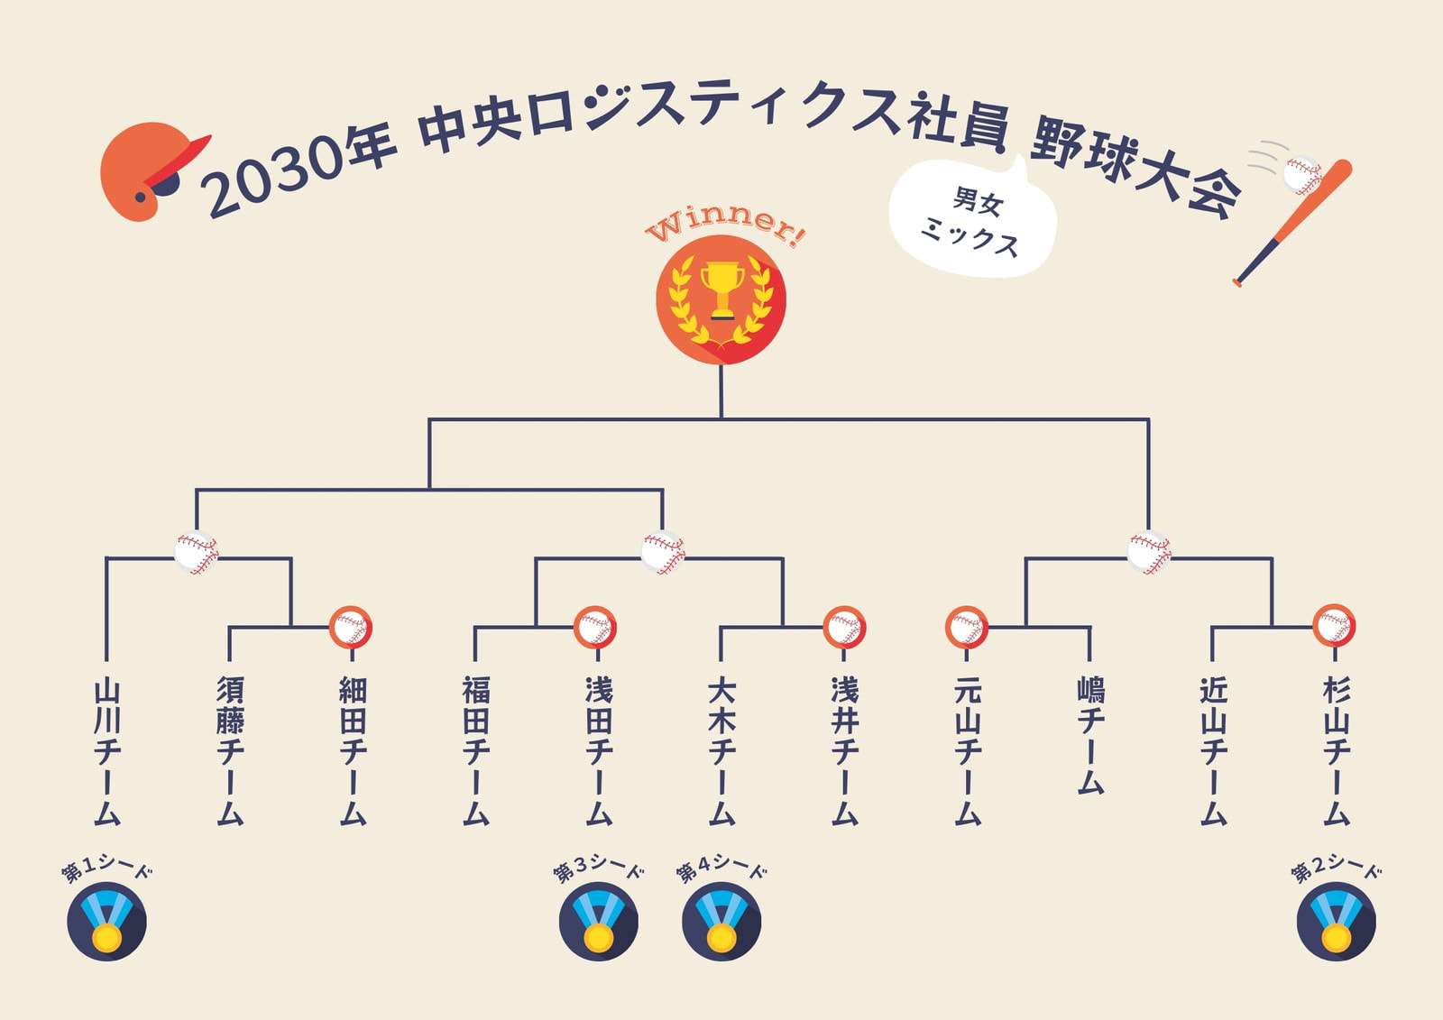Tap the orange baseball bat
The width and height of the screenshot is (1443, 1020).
[x=1292, y=222]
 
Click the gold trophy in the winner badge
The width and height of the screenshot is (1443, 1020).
[x=722, y=290]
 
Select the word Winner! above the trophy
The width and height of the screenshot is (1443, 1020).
[x=725, y=225]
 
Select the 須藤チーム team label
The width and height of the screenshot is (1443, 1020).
[x=230, y=750]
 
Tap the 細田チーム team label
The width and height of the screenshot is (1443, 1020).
[x=353, y=750]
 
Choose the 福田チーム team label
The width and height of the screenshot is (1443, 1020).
[x=476, y=750]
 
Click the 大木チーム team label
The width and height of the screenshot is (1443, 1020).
[x=722, y=750]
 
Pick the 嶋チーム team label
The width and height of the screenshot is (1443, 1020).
[x=1090, y=735]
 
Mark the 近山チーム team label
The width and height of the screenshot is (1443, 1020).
[x=1214, y=750]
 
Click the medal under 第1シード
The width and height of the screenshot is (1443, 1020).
[x=107, y=922]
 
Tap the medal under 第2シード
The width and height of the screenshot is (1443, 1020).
[x=1337, y=922]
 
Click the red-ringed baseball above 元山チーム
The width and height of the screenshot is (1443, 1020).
[x=966, y=627]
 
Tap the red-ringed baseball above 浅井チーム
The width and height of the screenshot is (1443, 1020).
[x=844, y=627]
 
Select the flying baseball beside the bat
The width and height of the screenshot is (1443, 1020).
[x=1302, y=175]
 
